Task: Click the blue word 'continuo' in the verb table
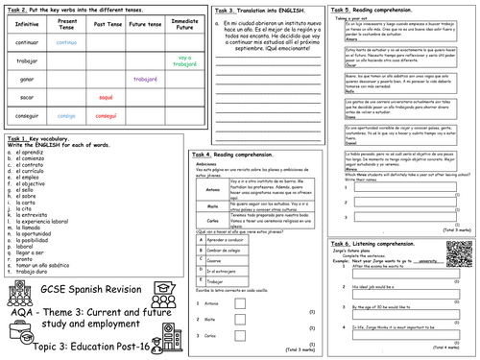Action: click(x=67, y=43)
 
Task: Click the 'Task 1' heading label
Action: click(x=19, y=140)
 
